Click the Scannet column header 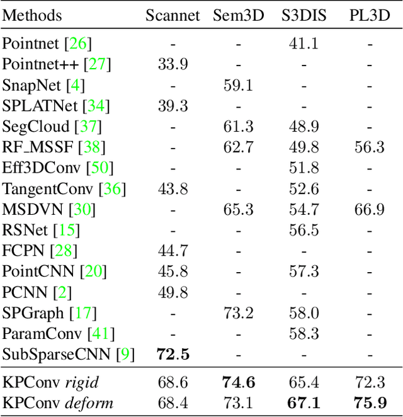173,15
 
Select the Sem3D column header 239,15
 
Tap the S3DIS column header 304,15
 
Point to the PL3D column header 369,15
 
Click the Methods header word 32,15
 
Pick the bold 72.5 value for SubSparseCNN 173,354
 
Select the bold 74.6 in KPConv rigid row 239,382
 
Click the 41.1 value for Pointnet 304,44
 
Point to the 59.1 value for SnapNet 239,85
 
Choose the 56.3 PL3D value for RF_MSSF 369,147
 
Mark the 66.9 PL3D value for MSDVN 369,209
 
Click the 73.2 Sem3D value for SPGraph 239,312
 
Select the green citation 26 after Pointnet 81,44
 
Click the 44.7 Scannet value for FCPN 173,251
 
